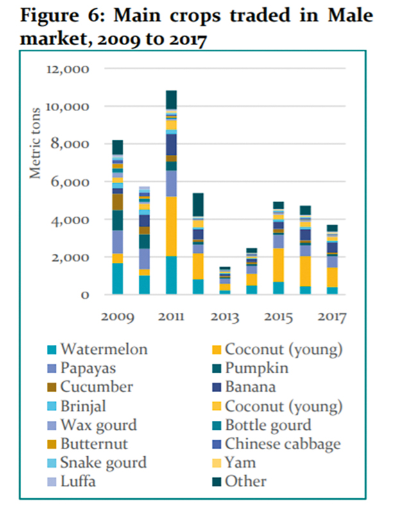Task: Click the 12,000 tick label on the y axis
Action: (67, 69)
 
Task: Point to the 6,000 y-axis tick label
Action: (70, 182)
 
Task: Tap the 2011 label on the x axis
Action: (171, 317)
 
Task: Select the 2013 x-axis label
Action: (228, 317)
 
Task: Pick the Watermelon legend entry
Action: (106, 350)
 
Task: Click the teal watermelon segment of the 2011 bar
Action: (171, 275)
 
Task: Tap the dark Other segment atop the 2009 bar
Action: (117, 147)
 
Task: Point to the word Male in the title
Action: (352, 14)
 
